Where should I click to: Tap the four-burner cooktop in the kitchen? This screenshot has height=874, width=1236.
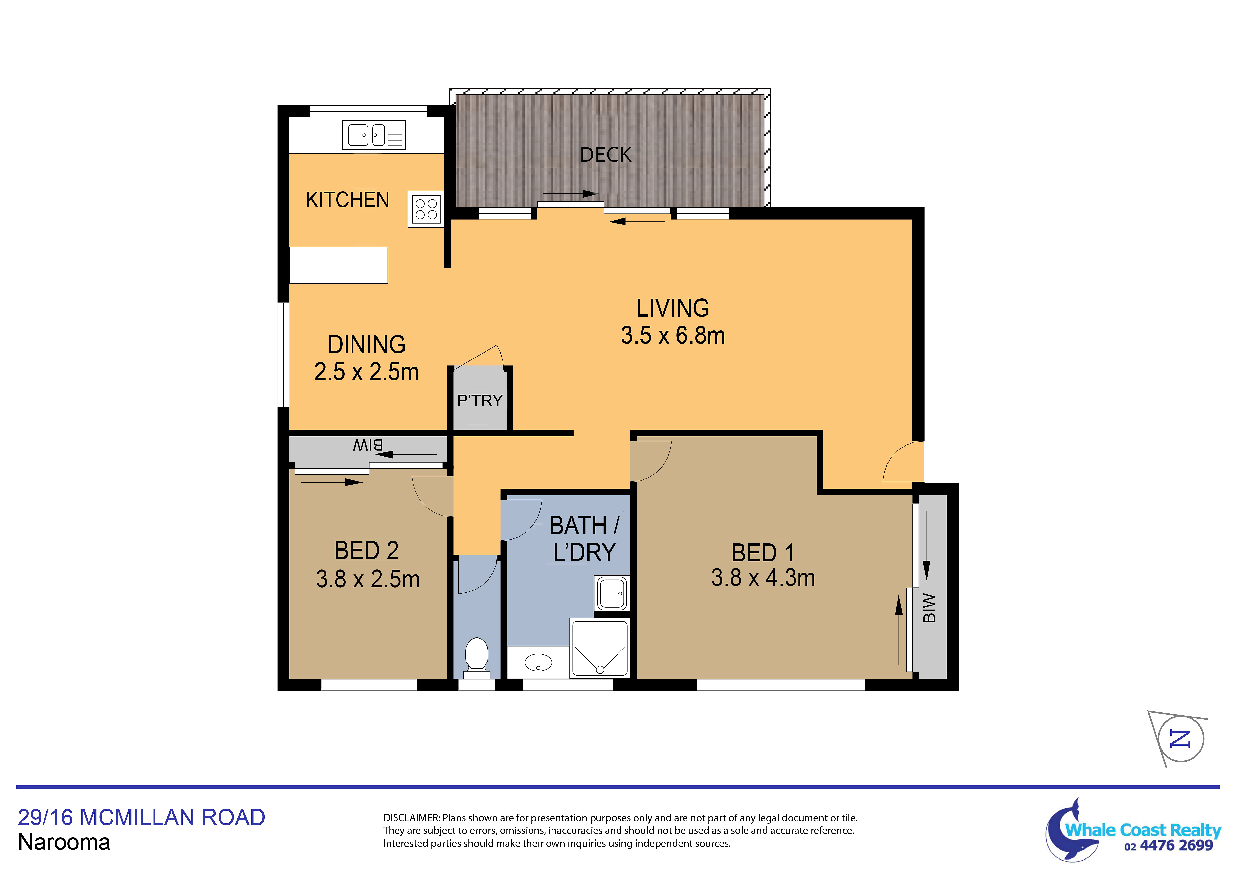coord(426,209)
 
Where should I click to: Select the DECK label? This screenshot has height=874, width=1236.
coord(606,155)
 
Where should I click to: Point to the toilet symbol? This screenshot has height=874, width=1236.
coord(476,657)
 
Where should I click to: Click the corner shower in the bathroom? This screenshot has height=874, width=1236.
coord(599,648)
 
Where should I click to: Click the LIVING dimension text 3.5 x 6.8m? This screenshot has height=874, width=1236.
coord(673,336)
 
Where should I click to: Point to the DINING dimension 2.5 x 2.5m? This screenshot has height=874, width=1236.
coord(366,372)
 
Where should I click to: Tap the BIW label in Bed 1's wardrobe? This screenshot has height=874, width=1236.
coord(929,608)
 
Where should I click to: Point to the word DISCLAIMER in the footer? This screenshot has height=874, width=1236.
coord(411,818)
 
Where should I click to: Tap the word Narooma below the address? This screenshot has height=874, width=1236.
coord(64,842)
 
